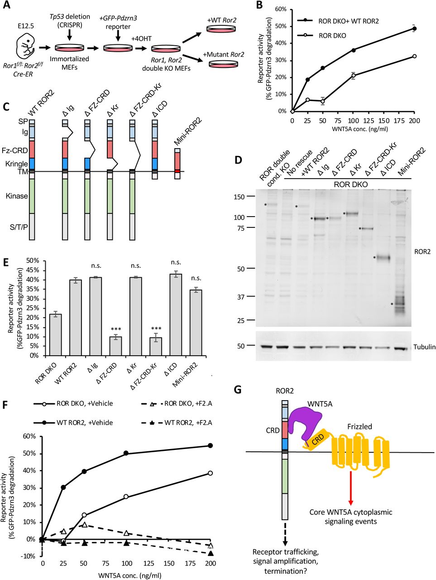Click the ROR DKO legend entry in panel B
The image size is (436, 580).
[333, 35]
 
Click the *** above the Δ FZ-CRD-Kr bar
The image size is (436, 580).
[156, 329]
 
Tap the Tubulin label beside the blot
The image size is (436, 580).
[424, 347]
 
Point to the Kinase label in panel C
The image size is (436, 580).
[17, 196]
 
